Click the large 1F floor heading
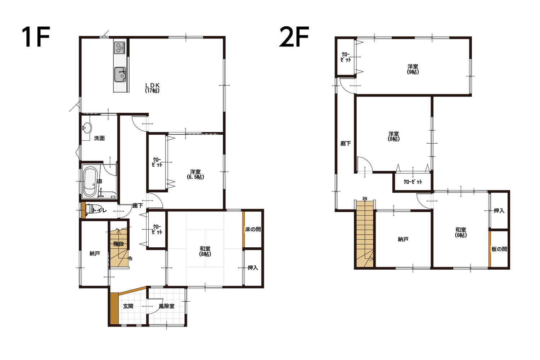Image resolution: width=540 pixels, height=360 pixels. click(36, 37)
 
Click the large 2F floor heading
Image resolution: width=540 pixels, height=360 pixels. click(294, 37)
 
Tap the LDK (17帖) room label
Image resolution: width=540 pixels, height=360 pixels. click(152, 88)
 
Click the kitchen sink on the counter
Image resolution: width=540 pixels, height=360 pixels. click(120, 75)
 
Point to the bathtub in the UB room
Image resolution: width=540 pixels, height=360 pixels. click(90, 182)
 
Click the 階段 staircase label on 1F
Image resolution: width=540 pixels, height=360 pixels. click(118, 244)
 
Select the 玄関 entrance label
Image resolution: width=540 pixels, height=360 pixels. click(128, 306)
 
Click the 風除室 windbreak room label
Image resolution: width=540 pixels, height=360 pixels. click(167, 306)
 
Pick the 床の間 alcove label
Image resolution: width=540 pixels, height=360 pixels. click(253, 229)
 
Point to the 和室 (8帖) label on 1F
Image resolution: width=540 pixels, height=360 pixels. click(205, 251)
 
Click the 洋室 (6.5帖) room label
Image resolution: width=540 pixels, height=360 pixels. click(195, 174)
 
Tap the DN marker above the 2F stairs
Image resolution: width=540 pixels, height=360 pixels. click(365, 199)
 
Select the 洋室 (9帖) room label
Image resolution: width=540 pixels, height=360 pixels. click(413, 69)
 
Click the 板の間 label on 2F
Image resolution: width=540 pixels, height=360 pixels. click(499, 249)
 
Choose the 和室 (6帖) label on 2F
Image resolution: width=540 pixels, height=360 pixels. click(461, 233)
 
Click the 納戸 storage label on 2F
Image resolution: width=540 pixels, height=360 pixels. click(403, 239)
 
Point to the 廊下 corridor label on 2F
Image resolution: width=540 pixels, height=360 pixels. click(346, 144)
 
